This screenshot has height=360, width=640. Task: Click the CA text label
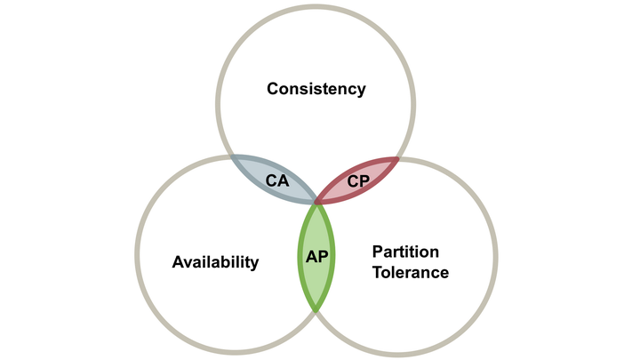pos(277,180)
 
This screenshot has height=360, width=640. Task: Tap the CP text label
pos(358,180)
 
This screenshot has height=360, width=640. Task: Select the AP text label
pos(316,255)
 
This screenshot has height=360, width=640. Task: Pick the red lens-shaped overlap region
pos(373,174)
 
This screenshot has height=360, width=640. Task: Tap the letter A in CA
pos(283,180)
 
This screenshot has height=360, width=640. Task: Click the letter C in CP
pos(353,180)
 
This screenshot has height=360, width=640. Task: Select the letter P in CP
pos(364,180)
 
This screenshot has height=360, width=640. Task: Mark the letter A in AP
pos(311,255)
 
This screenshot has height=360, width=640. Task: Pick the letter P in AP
pos(322,255)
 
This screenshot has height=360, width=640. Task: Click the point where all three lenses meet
pos(316,204)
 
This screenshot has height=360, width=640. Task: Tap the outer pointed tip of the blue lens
pos(231,156)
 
